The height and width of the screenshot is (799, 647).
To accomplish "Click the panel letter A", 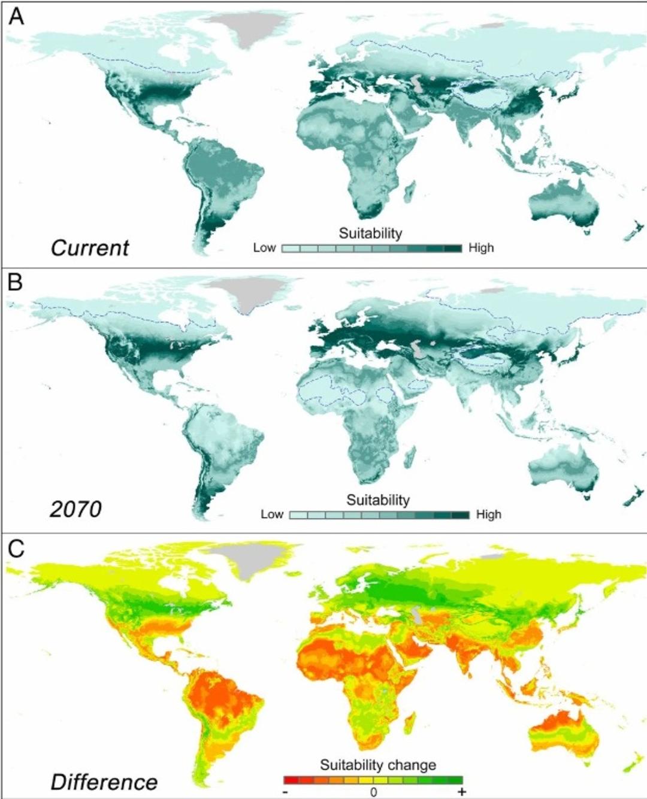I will point(16,16).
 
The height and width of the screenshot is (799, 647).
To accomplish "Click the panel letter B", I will point(15,282).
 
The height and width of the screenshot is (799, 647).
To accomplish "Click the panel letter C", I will point(16,548).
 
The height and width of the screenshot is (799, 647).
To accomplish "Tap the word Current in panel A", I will point(90,248).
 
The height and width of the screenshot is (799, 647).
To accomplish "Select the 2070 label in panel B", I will point(75,509).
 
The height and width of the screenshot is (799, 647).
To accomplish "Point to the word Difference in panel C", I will point(104,782).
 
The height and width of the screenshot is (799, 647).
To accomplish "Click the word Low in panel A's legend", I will point(264,248).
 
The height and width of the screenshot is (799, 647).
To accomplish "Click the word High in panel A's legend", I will point(481,248).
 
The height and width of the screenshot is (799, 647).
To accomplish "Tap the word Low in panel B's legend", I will point(272,514).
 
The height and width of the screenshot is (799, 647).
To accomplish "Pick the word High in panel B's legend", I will point(489,514).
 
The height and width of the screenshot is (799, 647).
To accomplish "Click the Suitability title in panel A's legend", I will point(370,233).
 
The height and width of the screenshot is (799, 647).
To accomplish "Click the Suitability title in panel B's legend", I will point(378,500).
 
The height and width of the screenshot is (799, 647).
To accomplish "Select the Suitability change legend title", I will point(378,765).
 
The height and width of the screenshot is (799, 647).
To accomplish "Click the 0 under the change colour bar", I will point(373,792).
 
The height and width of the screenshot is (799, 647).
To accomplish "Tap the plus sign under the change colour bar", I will point(461,792).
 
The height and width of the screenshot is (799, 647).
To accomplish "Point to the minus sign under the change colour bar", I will point(286,792).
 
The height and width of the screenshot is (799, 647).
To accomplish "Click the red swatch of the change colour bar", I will point(291,780).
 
